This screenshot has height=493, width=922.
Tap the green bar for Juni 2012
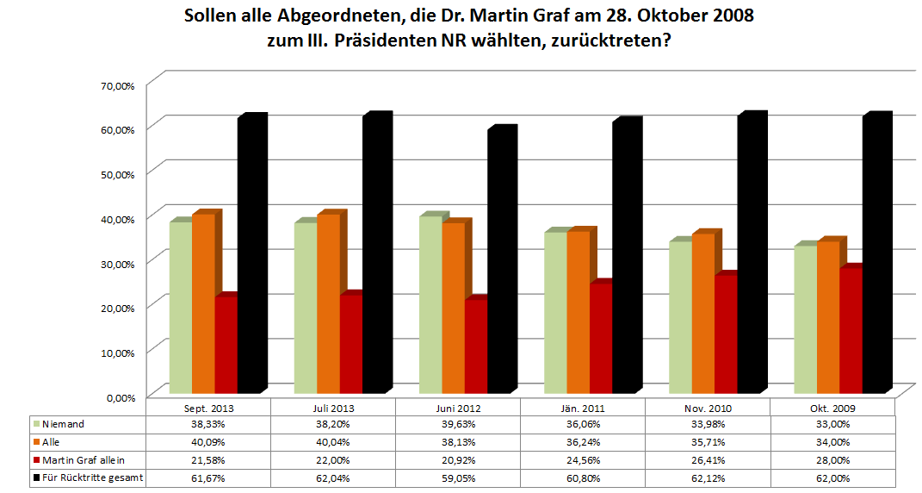pyautogui.click(x=430, y=305)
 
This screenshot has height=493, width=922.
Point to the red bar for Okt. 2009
pyautogui.click(x=850, y=331)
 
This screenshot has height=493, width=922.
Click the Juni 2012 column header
pyautogui.click(x=458, y=407)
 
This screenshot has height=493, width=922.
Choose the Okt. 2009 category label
pyautogui.click(x=832, y=407)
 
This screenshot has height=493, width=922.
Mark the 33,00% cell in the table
pyautogui.click(x=832, y=423)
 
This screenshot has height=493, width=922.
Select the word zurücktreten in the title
pyautogui.click(x=609, y=41)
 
